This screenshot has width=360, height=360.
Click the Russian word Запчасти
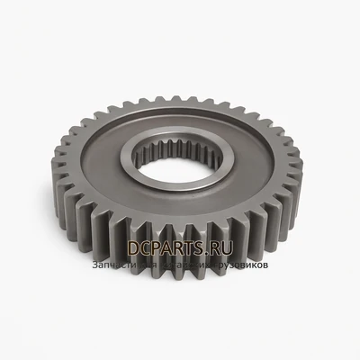(x=113, y=266)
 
